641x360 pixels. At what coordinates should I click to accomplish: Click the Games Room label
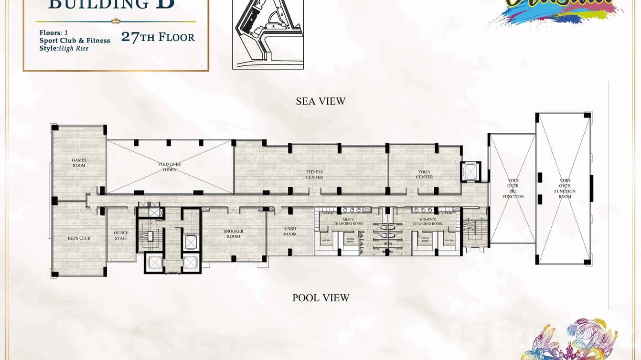(79, 162)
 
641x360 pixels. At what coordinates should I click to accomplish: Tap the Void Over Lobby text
(170, 167)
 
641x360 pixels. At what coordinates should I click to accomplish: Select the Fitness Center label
(314, 174)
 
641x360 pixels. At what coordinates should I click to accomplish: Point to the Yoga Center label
(424, 174)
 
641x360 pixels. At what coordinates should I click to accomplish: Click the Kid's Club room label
(79, 238)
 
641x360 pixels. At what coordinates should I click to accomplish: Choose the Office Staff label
(121, 235)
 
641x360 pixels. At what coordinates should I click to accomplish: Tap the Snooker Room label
(234, 233)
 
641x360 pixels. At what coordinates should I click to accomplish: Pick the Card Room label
(290, 231)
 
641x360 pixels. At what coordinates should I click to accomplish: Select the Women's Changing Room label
(427, 222)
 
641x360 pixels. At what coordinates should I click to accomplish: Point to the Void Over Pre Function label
(513, 189)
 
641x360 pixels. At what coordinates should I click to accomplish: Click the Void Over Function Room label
(565, 189)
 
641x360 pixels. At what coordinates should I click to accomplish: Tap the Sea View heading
(320, 101)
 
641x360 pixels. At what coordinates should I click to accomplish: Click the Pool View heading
(320, 298)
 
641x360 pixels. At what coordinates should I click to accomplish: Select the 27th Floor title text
(158, 37)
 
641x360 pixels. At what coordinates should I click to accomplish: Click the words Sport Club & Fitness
(75, 41)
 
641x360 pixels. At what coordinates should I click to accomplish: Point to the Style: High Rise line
(64, 48)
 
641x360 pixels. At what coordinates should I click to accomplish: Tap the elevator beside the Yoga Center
(470, 171)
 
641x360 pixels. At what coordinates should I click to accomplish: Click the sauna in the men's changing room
(327, 241)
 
